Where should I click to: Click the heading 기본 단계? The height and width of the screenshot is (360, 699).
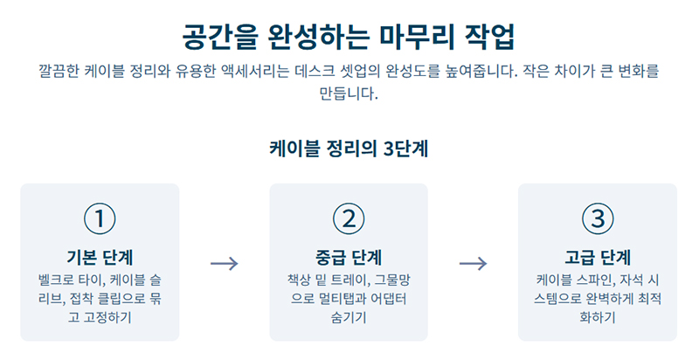100,257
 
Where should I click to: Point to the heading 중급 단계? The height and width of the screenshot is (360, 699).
349,257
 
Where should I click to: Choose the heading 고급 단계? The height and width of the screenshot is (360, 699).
598,257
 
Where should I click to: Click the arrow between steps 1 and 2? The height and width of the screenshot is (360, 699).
225,262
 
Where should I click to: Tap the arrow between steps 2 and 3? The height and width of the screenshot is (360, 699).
473,262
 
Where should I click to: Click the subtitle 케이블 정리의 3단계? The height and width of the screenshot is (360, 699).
349,148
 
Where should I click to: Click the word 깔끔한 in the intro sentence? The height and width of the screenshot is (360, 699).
59,70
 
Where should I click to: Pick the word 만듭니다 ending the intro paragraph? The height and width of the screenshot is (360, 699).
348,93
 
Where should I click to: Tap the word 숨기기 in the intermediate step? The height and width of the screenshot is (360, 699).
349,317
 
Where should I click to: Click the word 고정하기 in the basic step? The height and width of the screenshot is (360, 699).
110,317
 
